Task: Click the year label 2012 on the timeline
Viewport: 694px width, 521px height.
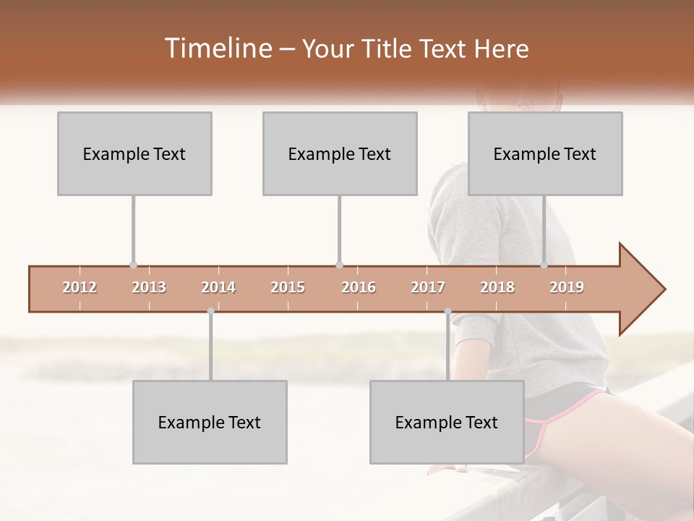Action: tap(80, 287)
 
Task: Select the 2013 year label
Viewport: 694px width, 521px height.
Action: tap(149, 287)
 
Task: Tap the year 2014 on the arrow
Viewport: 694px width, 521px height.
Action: tap(218, 287)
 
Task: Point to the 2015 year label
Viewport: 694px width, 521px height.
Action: tap(288, 287)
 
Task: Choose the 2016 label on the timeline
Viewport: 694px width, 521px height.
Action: tap(359, 287)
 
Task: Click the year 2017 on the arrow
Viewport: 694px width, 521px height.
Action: tap(428, 287)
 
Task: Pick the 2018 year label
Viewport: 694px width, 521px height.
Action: tap(497, 287)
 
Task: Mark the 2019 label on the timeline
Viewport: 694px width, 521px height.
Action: tap(567, 287)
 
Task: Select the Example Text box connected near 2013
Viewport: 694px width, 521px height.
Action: tap(134, 153)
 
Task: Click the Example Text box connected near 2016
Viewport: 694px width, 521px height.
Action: tap(340, 153)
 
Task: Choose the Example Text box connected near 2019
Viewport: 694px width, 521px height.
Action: tap(545, 153)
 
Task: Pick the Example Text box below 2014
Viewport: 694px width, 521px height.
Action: tap(210, 422)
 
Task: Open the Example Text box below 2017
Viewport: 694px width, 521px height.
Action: tap(447, 422)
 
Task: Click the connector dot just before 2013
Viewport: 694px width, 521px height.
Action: tap(133, 266)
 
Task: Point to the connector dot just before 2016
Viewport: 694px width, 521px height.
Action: tap(339, 266)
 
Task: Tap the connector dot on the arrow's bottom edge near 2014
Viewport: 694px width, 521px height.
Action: tap(210, 311)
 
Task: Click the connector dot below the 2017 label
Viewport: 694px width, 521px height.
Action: tap(447, 311)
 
